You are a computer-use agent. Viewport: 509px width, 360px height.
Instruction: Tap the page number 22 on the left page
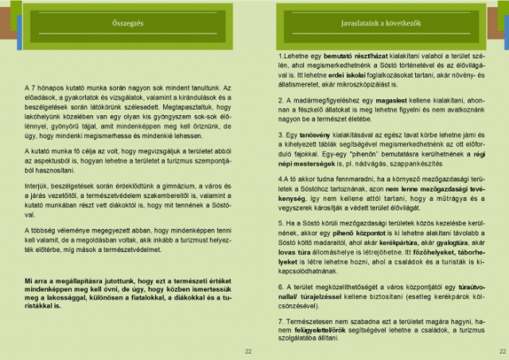pos(247,350)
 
